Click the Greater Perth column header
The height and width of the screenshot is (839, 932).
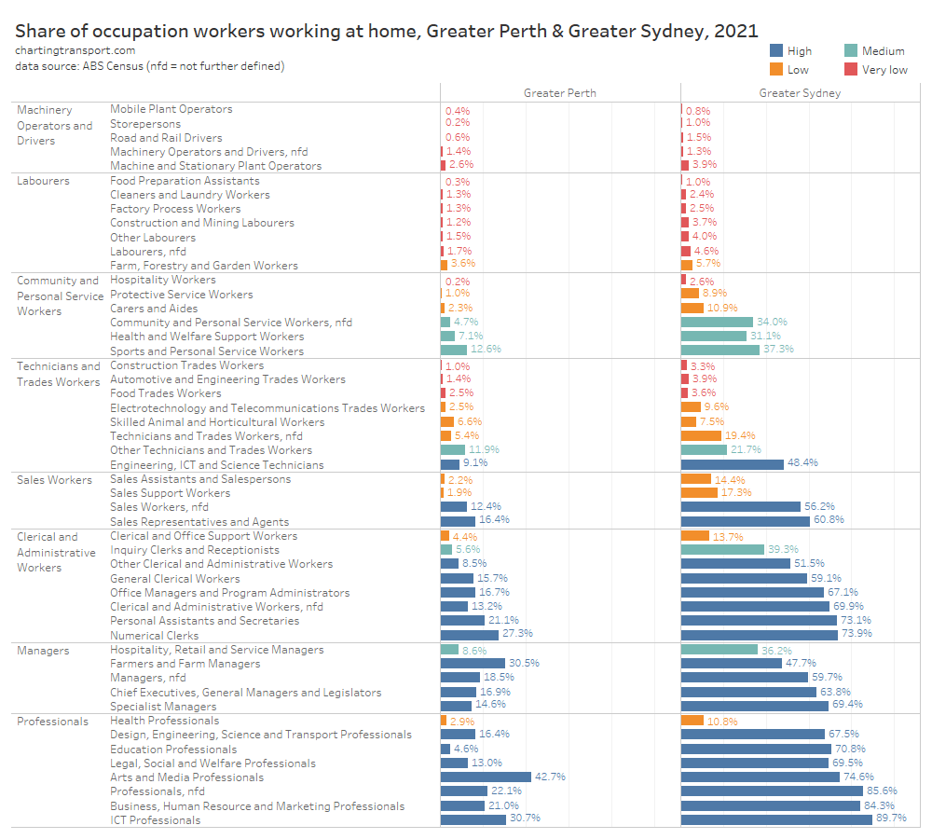pyautogui.click(x=559, y=92)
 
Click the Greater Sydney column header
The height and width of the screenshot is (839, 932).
pyautogui.click(x=800, y=92)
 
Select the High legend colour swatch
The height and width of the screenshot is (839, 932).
pyautogui.click(x=776, y=51)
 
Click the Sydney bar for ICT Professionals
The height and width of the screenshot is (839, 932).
pyautogui.click(x=794, y=819)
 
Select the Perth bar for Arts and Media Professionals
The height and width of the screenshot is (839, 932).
pyautogui.click(x=486, y=777)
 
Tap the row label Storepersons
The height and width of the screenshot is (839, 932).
pyautogui.click(x=145, y=123)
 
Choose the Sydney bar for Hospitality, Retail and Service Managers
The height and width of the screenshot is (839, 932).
pyautogui.click(x=720, y=649)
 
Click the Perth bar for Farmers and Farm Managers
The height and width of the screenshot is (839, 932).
pyautogui.click(x=473, y=663)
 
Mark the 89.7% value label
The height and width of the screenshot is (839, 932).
pyautogui.click(x=892, y=818)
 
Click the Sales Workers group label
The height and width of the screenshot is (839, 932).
pyautogui.click(x=54, y=479)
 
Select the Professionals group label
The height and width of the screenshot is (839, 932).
pyautogui.click(x=52, y=721)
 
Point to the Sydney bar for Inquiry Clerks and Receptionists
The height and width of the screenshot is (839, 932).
pyautogui.click(x=722, y=549)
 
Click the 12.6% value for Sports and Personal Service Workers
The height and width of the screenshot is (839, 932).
pyautogui.click(x=487, y=350)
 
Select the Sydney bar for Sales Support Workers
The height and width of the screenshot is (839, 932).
pyautogui.click(x=699, y=492)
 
